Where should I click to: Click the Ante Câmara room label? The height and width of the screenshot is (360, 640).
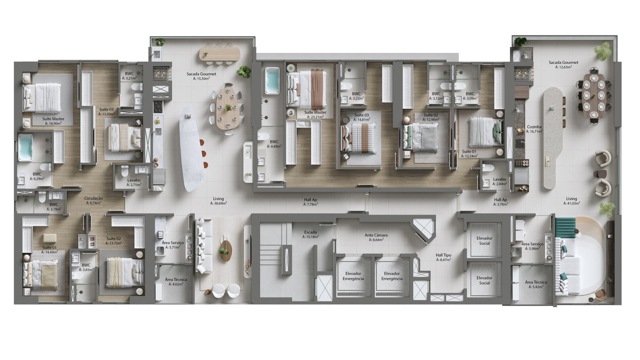tap(376, 235)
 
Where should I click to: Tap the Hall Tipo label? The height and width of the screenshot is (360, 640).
tap(443, 255)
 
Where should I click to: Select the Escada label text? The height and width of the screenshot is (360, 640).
tap(310, 232)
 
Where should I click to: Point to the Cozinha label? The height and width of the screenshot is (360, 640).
tap(534, 127)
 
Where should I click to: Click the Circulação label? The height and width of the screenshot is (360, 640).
tap(93, 198)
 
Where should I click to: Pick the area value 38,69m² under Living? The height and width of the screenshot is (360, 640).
tap(219, 203)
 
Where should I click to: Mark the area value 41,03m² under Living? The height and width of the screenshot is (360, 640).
tap(572, 203)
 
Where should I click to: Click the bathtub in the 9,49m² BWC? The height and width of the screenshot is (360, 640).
tap(272, 80)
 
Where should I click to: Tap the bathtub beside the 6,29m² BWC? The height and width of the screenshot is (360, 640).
tap(25, 148)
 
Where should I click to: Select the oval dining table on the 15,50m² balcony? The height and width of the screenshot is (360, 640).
tap(228, 108)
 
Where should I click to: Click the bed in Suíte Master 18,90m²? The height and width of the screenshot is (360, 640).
tap(42, 98)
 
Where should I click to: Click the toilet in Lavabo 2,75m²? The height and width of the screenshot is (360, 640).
tap(124, 171)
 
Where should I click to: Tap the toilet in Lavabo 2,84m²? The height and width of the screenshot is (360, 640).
tap(488, 167)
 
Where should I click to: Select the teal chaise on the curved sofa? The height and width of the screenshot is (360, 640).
tap(566, 228)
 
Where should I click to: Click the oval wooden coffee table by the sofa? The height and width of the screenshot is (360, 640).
tap(226, 250)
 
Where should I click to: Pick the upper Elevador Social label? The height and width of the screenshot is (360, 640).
tap(484, 241)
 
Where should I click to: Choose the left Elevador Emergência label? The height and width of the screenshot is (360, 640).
tap(353, 276)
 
